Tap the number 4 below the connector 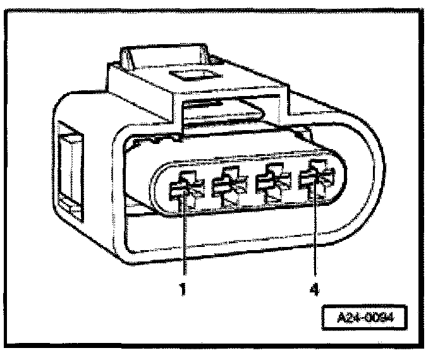[315, 291]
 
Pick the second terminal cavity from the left [228, 186]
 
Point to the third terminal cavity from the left [273, 184]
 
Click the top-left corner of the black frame [8, 8]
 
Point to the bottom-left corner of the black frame [8, 349]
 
